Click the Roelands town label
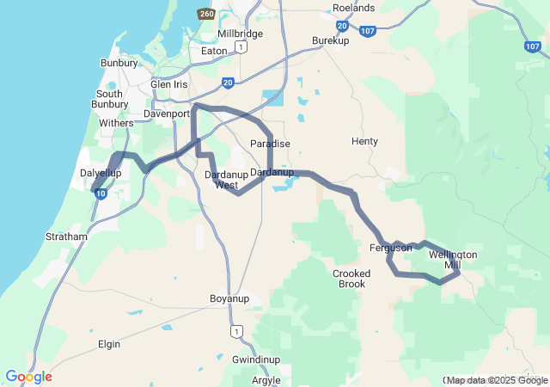click(353, 8)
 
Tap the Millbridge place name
click(240, 34)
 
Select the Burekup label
click(331, 40)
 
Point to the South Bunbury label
click(109, 99)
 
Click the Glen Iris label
click(168, 84)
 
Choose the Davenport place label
click(167, 113)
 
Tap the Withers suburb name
click(117, 123)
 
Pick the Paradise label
click(270, 143)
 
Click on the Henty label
click(364, 141)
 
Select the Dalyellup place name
click(101, 173)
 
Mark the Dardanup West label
click(226, 180)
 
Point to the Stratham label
click(67, 236)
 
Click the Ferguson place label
click(391, 248)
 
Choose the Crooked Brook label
click(351, 279)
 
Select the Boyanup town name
click(229, 298)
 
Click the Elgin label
click(109, 344)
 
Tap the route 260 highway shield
click(205, 15)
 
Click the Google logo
click(28, 376)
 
